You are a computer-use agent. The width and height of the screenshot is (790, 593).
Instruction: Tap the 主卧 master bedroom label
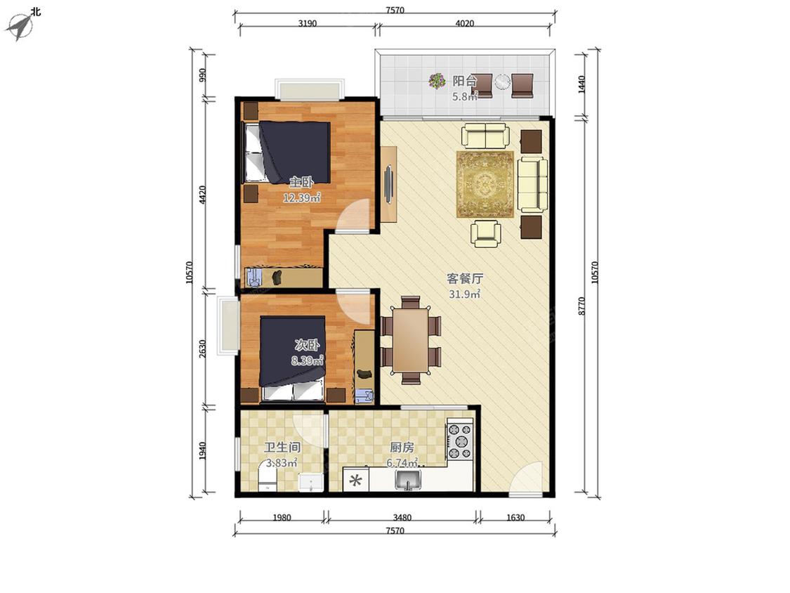tap(301, 181)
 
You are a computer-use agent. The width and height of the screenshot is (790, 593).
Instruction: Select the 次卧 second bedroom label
tap(307, 346)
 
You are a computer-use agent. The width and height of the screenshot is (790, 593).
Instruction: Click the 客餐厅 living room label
tap(465, 278)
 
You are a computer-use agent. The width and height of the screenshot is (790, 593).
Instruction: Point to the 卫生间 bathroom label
tap(282, 448)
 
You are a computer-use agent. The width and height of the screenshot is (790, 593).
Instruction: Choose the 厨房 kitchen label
tap(402, 448)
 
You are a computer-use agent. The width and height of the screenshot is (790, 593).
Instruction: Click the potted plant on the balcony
tap(437, 81)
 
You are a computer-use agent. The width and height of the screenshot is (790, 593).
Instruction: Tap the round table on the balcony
tap(502, 81)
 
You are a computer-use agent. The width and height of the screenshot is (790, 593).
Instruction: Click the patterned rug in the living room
tap(485, 184)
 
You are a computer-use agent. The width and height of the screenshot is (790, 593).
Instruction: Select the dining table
tap(411, 339)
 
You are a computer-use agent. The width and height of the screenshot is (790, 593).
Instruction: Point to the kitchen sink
tap(407, 480)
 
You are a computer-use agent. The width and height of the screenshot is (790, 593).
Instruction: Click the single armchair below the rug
tap(486, 233)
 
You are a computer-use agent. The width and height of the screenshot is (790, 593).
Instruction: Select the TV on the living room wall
tap(389, 184)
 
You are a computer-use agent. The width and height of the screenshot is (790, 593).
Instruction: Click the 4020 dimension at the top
tap(465, 23)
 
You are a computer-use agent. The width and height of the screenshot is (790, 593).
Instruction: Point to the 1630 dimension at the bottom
tap(515, 517)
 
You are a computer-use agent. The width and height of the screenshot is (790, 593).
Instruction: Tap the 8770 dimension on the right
tap(582, 306)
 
